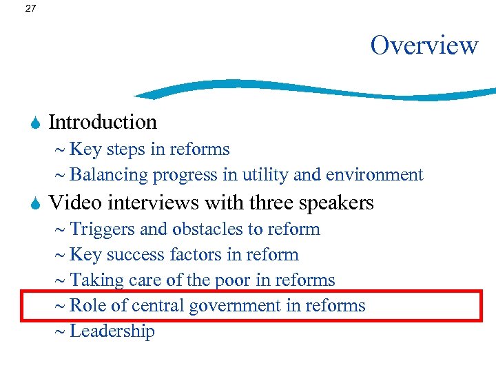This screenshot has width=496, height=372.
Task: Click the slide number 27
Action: [30, 9]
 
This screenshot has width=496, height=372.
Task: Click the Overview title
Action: [424, 45]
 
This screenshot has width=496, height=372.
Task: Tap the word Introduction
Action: [103, 122]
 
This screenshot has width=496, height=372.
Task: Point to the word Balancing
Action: [109, 175]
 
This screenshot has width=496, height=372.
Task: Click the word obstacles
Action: [198, 229]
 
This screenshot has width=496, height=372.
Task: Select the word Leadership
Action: [112, 331]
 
